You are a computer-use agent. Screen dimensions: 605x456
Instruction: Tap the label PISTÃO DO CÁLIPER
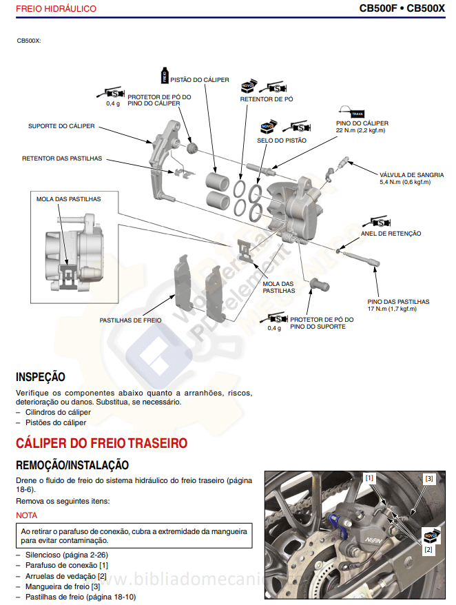click(199, 80)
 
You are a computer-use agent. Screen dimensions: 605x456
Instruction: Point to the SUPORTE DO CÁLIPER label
click(61, 126)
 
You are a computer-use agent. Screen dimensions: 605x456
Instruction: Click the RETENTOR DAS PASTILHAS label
click(62, 158)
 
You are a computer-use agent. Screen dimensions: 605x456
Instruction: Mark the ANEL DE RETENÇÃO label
click(391, 234)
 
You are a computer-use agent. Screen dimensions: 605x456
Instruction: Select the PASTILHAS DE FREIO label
click(130, 320)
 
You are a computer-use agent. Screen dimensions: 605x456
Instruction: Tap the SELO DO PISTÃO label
click(282, 141)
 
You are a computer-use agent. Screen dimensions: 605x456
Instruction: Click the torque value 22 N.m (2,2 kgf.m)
click(360, 130)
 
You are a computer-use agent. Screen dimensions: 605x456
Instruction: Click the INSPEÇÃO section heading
click(41, 377)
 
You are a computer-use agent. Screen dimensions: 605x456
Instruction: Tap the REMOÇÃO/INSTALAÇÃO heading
click(72, 465)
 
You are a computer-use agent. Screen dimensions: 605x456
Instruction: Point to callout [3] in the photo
click(429, 478)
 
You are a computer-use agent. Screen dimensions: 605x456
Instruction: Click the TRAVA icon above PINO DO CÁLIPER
click(357, 113)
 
